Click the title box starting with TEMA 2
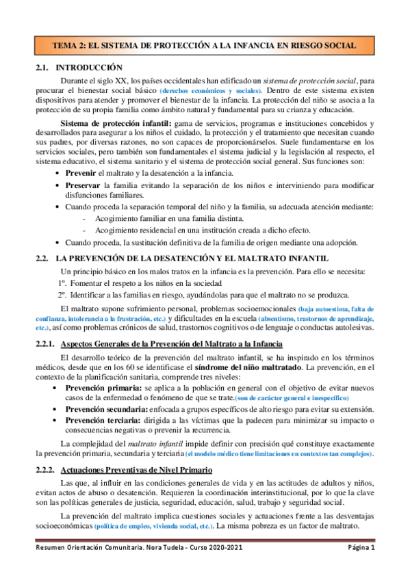tap(205, 45)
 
